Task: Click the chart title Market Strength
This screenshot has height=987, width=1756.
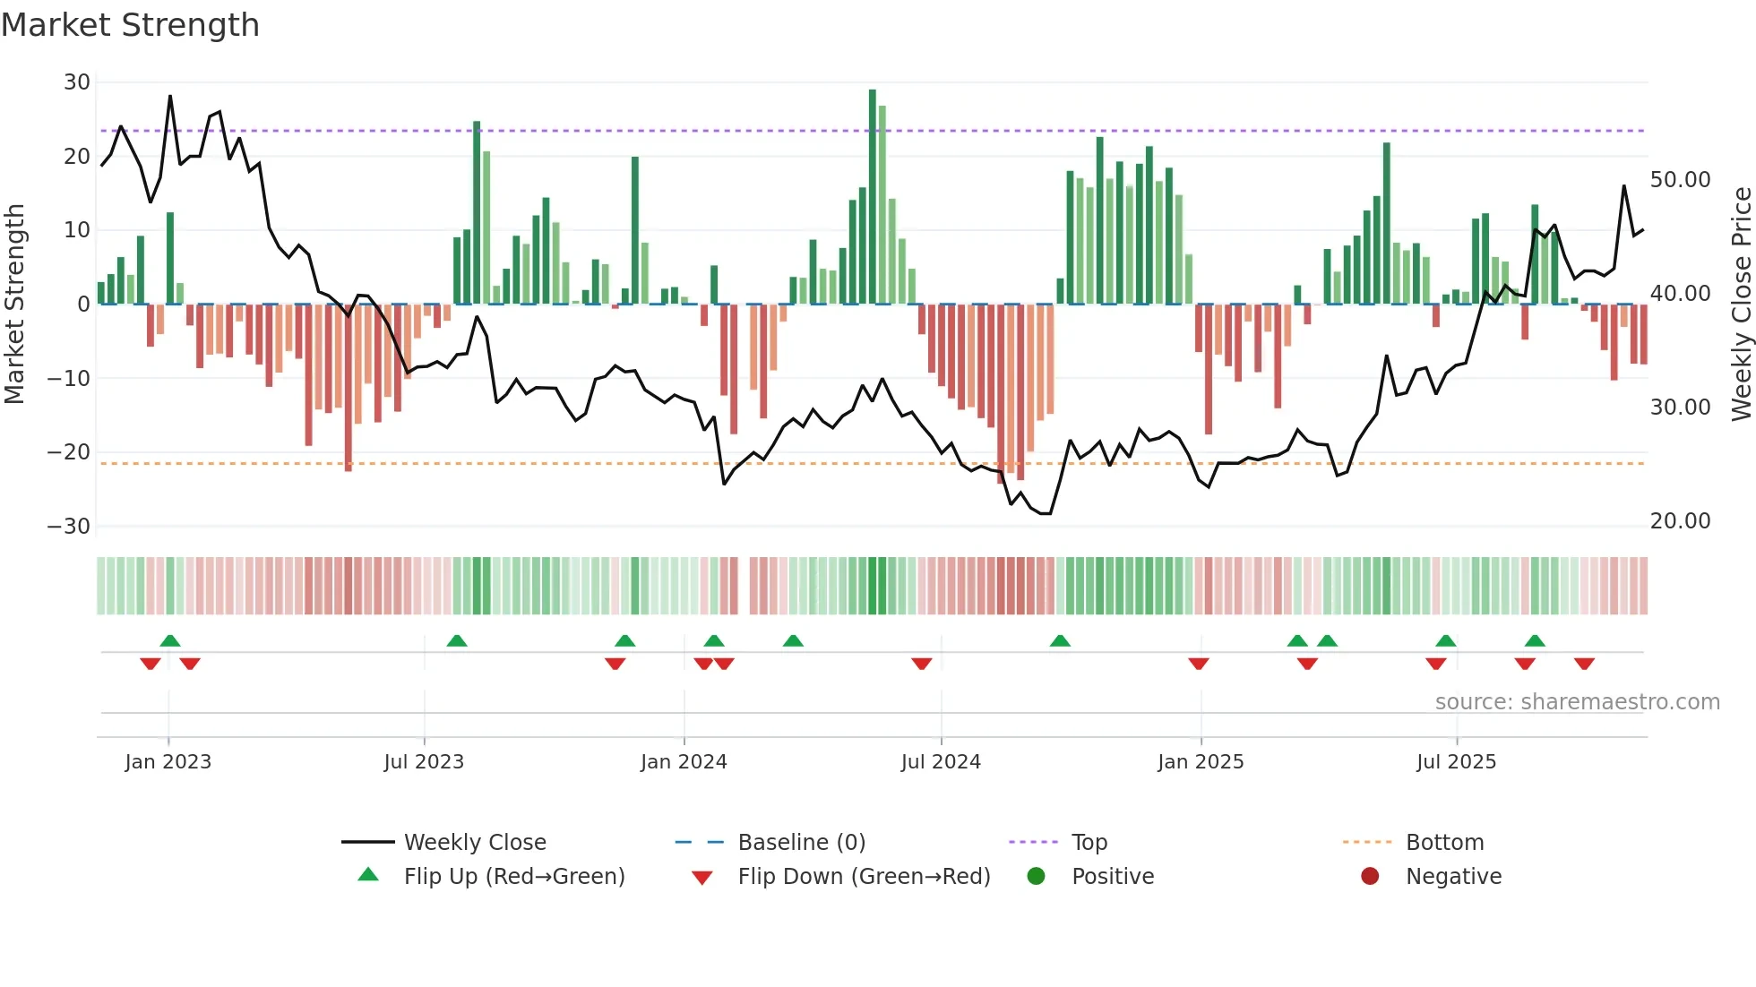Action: [x=130, y=25]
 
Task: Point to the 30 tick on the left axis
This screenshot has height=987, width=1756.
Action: [x=77, y=82]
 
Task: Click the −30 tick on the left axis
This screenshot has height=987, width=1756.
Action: [x=69, y=527]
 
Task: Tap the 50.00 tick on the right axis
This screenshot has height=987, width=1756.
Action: [x=1680, y=180]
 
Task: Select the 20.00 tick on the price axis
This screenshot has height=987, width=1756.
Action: [x=1680, y=521]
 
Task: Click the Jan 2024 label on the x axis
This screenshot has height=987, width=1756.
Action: [x=684, y=762]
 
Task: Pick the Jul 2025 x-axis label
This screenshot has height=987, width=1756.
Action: [x=1456, y=762]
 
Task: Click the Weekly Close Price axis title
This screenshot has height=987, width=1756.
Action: [x=1741, y=304]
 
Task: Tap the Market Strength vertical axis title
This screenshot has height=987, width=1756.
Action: [x=14, y=304]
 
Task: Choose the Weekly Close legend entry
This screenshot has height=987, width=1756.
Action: [x=474, y=843]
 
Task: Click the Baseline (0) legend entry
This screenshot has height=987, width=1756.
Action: [x=801, y=843]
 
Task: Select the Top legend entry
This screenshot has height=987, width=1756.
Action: [x=1089, y=843]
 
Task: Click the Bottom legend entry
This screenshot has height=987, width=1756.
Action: [x=1444, y=843]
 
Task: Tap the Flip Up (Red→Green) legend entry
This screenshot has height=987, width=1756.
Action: [x=513, y=877]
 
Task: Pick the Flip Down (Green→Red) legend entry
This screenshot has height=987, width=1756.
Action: [x=864, y=877]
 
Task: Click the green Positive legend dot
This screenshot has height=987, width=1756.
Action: [x=1037, y=877]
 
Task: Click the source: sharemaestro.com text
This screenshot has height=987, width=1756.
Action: [x=1577, y=702]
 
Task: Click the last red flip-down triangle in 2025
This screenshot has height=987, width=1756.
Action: [x=1584, y=664]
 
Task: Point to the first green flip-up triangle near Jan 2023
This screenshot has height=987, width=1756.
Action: [x=170, y=640]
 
